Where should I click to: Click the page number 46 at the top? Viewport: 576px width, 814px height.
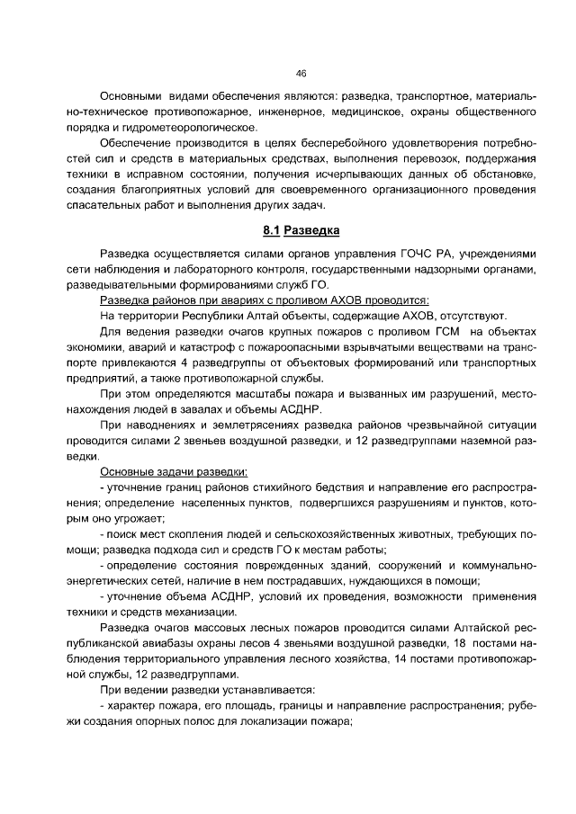pyautogui.click(x=301, y=75)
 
